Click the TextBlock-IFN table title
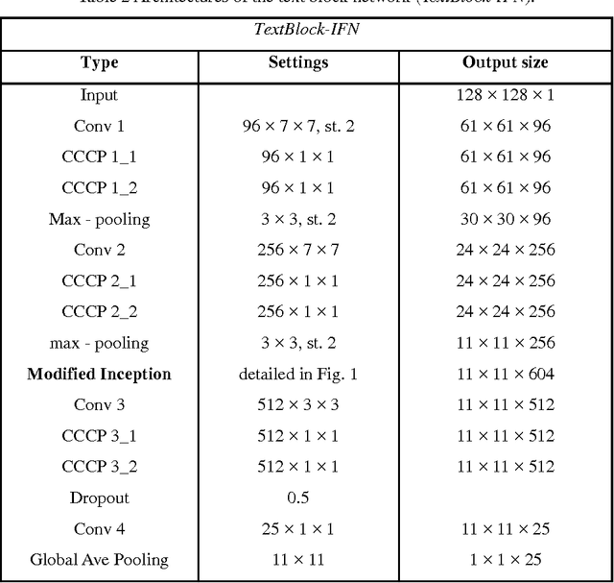click(307, 29)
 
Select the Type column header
click(100, 62)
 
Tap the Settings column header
click(298, 62)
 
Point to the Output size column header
click(507, 62)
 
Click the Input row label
click(100, 95)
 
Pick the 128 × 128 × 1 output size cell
click(507, 95)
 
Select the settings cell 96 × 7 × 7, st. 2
click(298, 126)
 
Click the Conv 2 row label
click(100, 250)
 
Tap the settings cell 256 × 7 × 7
click(298, 250)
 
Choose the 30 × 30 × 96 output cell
click(507, 219)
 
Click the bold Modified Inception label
click(100, 374)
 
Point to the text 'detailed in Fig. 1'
click(298, 374)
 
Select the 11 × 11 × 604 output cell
click(507, 374)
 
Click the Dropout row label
click(100, 497)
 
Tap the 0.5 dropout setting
click(298, 497)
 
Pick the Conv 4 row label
click(100, 527)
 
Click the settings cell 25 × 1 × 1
click(298, 527)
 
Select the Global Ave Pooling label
click(100, 558)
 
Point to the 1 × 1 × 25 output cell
click(507, 558)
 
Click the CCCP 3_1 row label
click(100, 435)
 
